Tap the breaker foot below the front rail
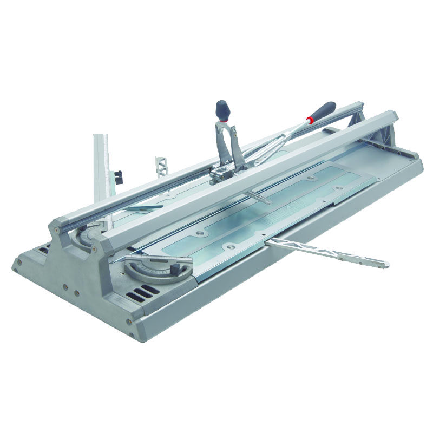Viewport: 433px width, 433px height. click(x=258, y=198)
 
